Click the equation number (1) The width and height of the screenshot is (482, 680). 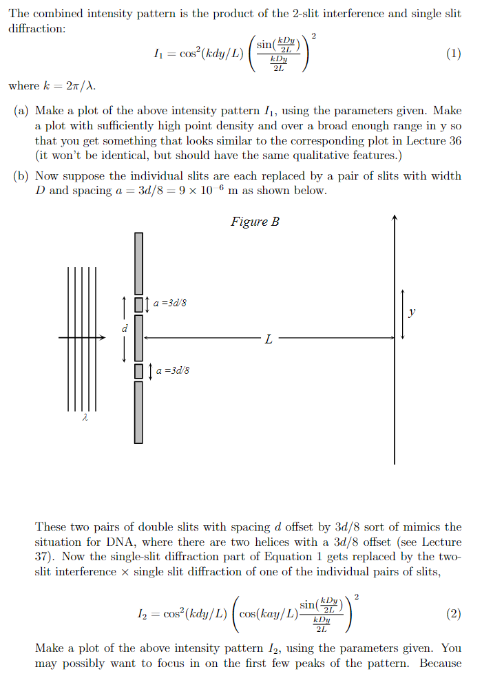pos(453,56)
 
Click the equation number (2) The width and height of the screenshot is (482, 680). pos(453,614)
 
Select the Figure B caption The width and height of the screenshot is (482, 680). pos(255,222)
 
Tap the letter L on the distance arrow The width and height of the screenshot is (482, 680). pos(268,339)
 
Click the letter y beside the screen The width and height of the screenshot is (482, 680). pos(412,312)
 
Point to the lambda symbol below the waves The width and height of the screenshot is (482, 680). pos(83,417)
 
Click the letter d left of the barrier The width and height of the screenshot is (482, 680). pos(125,328)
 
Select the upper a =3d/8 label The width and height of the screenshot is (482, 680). pos(169,303)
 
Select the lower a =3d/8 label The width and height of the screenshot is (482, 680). pos(172,370)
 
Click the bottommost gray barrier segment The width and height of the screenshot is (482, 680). pos(138,412)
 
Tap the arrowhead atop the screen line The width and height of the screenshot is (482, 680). pos(395,219)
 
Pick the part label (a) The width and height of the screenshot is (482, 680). pos(21,110)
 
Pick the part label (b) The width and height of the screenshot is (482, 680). pos(21,176)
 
